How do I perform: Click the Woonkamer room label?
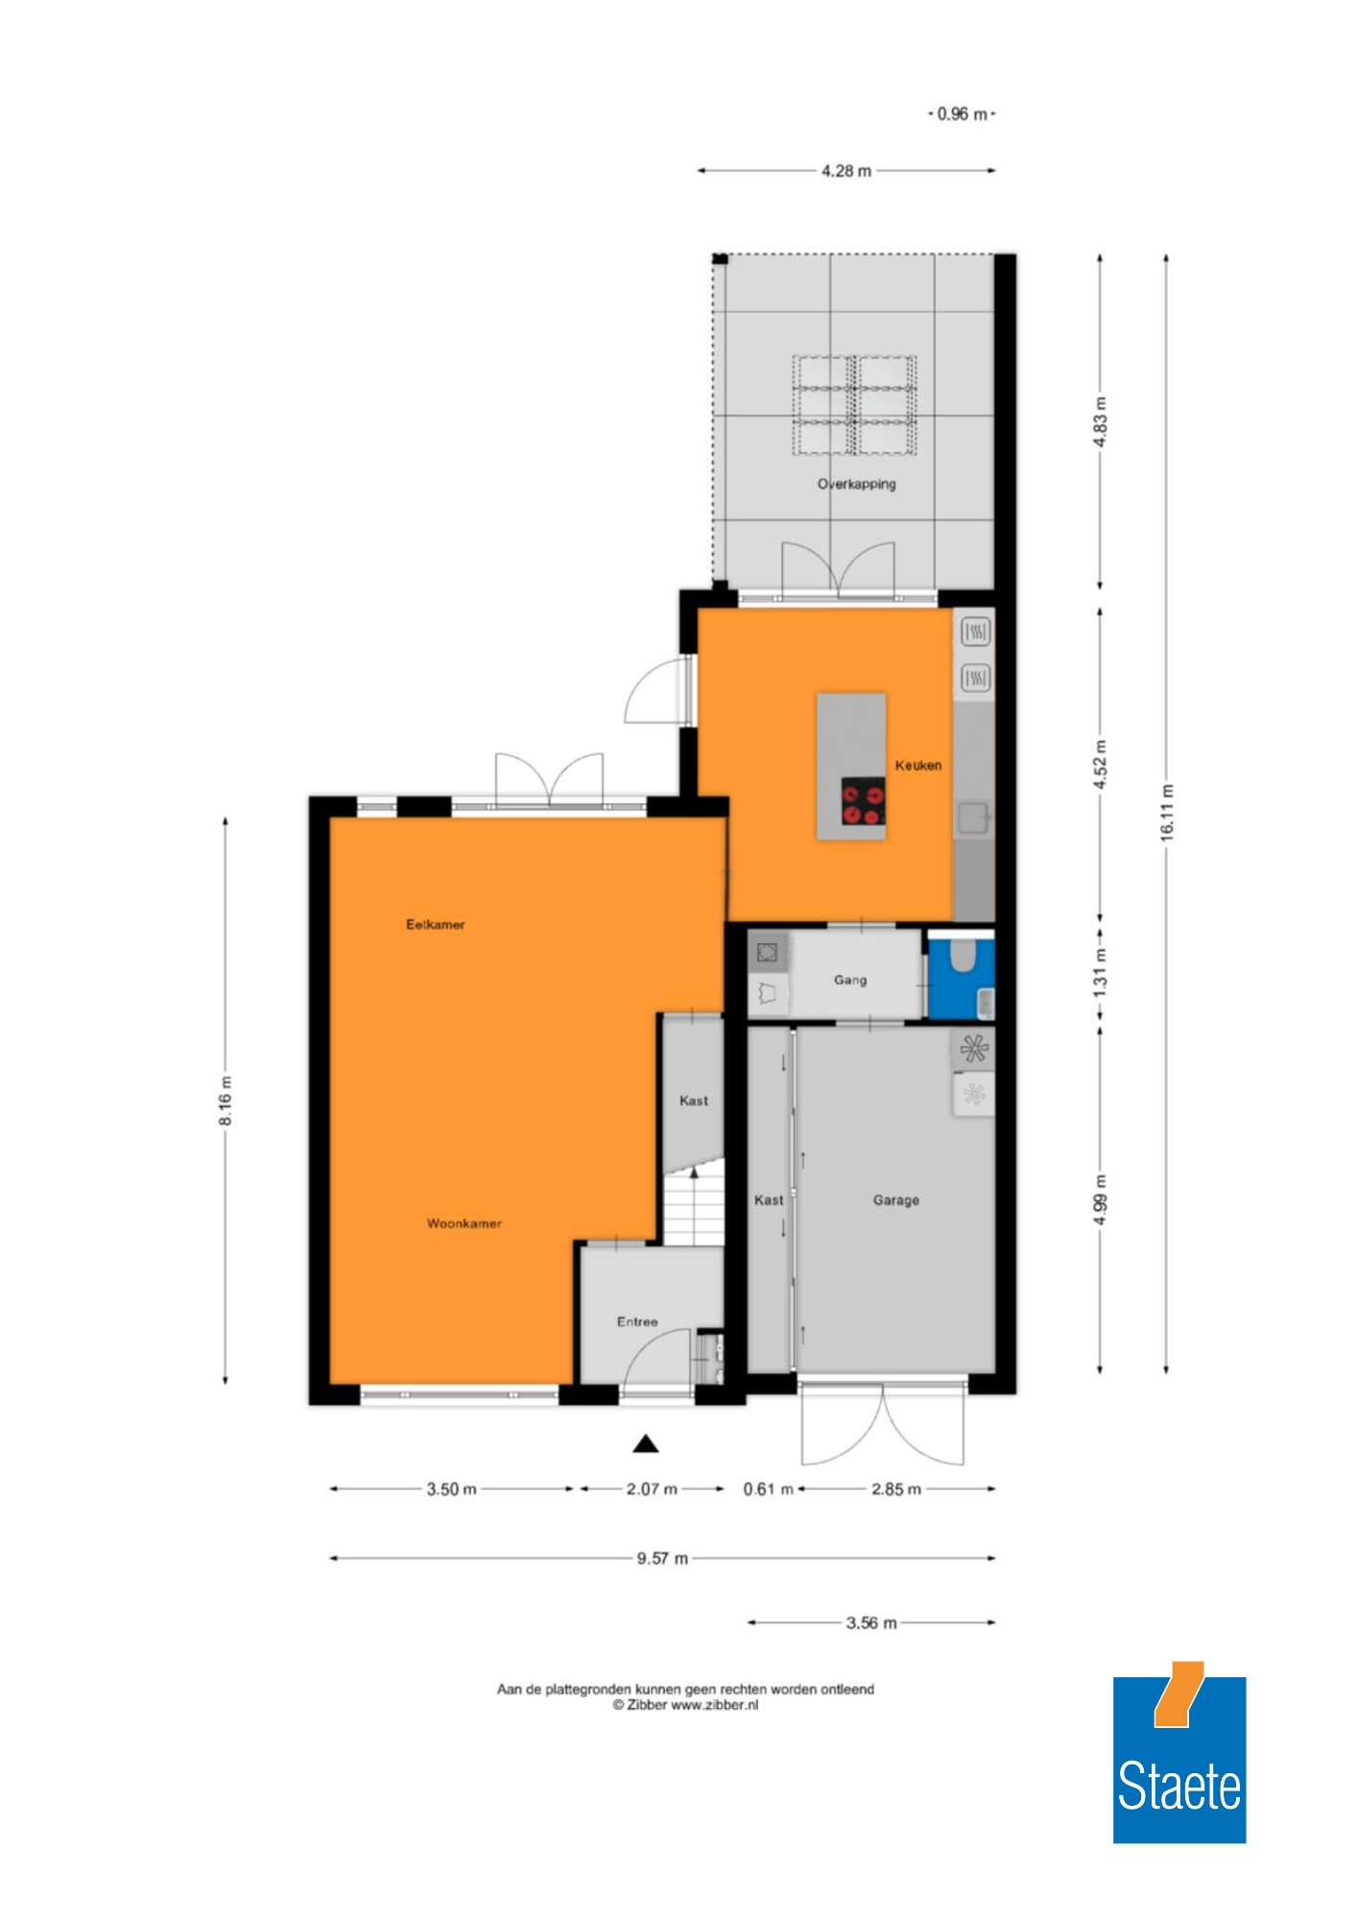464,1223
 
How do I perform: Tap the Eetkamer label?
436,924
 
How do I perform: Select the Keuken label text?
918,765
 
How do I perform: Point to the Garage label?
896,1200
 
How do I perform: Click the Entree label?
637,1321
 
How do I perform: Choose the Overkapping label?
857,484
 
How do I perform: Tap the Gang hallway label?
850,980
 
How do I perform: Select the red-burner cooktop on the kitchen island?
863,800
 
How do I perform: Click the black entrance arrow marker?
646,1443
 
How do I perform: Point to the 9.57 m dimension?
662,1558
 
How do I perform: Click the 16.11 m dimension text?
1167,813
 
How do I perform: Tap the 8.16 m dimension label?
225,1101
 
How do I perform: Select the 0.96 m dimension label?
962,114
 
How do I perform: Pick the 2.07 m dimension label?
652,1489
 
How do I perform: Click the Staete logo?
1179,1752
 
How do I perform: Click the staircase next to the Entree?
693,1205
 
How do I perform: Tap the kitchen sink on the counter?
974,817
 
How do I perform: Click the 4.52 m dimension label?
1101,765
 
